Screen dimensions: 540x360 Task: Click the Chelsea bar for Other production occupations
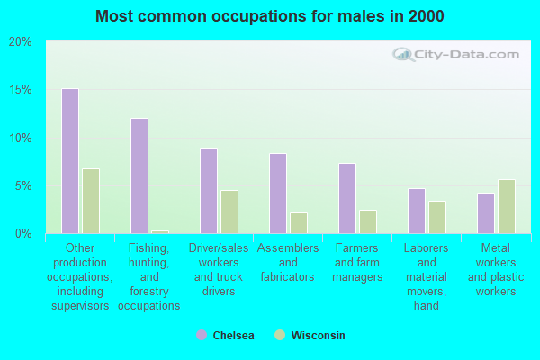pos(70,161)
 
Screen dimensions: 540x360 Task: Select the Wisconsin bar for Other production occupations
pos(91,202)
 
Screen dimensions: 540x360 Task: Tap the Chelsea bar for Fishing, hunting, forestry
pos(139,176)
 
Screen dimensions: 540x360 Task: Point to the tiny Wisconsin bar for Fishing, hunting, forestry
pos(160,232)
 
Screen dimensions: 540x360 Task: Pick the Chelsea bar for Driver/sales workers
pos(209,191)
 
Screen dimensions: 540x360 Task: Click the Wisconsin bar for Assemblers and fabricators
pos(299,223)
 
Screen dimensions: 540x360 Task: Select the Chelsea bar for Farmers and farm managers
pos(347,198)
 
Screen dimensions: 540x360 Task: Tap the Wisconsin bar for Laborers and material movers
pos(437,218)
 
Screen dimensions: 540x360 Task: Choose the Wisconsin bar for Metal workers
pos(507,207)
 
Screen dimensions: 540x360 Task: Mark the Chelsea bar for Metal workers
pos(486,214)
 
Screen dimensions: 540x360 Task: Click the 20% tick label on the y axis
pos(21,42)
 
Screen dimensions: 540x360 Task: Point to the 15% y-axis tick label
pos(21,90)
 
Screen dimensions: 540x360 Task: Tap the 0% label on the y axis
pos(23,234)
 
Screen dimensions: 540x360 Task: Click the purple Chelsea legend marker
pos(202,335)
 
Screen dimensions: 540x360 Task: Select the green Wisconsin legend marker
pos(280,335)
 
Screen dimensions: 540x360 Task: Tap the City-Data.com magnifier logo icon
pos(403,55)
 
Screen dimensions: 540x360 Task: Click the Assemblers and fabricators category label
pos(288,262)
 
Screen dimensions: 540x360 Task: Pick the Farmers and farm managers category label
pos(357,262)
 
